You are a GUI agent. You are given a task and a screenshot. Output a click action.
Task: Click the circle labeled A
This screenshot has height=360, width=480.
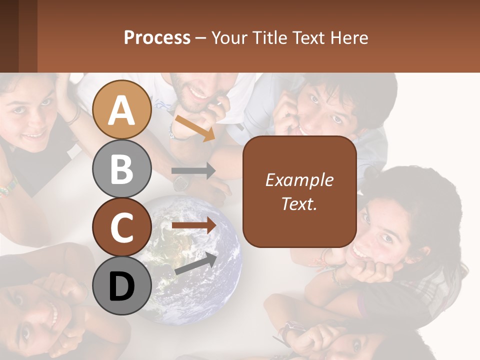122,109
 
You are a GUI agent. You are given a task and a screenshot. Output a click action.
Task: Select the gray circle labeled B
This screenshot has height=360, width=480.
122,168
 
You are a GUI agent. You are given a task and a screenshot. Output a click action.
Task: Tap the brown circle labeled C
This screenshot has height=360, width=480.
122,227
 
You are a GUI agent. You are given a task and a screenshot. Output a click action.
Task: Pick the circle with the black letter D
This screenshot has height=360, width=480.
122,285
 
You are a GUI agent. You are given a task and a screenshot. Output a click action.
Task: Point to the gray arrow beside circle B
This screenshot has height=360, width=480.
193,171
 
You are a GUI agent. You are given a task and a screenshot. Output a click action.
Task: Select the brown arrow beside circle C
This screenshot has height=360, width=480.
193,225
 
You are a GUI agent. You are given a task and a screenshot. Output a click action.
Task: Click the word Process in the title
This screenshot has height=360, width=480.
157,37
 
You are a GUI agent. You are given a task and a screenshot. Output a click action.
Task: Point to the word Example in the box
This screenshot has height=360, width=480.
299,180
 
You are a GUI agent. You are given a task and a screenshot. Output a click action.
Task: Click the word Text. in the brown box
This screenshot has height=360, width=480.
299,203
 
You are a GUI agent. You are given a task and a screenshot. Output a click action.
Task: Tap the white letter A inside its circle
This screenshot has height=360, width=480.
122,110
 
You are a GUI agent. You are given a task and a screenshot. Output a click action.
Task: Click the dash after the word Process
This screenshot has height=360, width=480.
201,38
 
